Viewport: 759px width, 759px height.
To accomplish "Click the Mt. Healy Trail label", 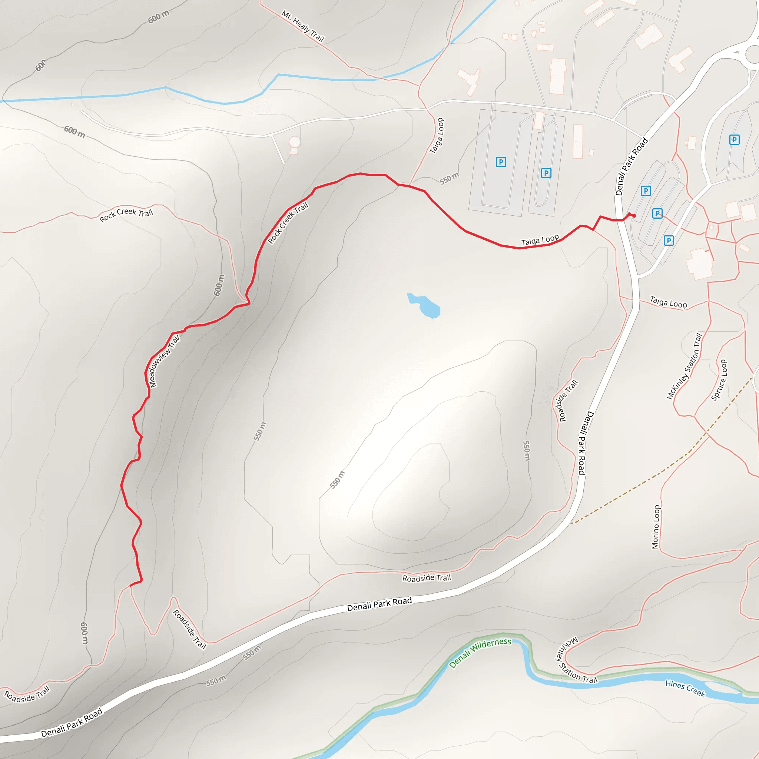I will click(x=302, y=26).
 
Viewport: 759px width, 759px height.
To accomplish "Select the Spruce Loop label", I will click(x=719, y=380).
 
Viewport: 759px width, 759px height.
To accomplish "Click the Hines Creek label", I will click(x=685, y=689).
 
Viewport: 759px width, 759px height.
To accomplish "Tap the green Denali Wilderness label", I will click(x=480, y=653).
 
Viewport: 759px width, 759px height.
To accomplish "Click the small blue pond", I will click(x=425, y=306).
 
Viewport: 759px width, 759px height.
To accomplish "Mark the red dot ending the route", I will click(x=634, y=216).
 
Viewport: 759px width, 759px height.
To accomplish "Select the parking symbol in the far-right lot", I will click(x=734, y=140).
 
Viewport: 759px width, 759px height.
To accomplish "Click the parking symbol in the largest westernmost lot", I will click(x=501, y=162).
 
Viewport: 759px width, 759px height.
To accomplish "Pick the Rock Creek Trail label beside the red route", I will click(x=288, y=223).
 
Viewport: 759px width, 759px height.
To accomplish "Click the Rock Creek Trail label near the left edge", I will click(x=126, y=215).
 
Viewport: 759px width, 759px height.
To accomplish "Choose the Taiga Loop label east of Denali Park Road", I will click(x=668, y=302).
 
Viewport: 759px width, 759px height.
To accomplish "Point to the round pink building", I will click(x=294, y=142).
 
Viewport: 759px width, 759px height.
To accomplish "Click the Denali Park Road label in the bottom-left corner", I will click(x=72, y=722).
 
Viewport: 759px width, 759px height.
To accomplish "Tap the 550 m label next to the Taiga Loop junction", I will click(x=449, y=179).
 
